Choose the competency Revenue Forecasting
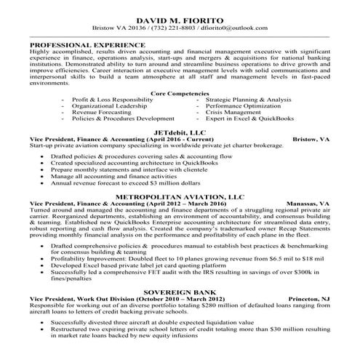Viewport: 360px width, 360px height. coord(103,111)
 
